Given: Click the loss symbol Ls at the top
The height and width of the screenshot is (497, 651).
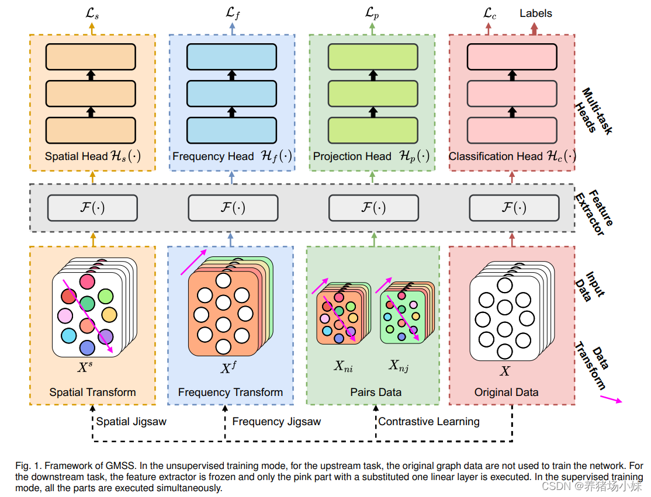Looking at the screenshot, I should [92, 13].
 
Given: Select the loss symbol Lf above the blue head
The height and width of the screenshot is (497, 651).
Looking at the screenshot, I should [232, 13].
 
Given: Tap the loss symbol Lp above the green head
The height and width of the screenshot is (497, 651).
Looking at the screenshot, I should [372, 13].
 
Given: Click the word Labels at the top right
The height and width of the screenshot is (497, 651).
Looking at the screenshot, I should [535, 13].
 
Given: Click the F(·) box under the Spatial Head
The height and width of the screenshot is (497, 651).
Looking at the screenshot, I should [92, 208].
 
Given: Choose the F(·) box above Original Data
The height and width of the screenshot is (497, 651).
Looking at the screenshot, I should [514, 208].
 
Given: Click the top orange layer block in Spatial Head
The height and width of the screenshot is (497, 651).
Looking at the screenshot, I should [91, 56].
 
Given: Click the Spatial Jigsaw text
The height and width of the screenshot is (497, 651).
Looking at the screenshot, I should [131, 421].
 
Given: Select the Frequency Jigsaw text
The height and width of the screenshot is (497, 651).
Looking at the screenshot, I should [276, 421].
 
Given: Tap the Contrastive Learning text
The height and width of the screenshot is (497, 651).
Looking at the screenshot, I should [429, 421].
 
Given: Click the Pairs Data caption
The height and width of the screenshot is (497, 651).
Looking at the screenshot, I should [376, 392].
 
